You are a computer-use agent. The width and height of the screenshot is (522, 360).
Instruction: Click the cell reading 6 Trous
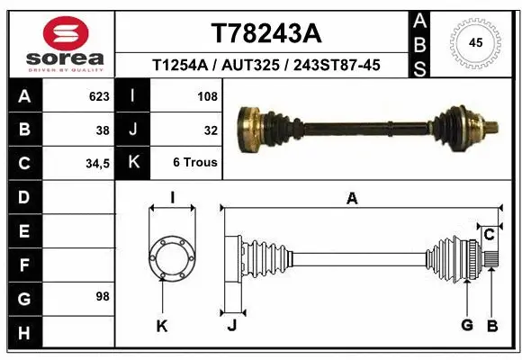[195, 164]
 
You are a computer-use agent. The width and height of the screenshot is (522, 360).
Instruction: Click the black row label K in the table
[133, 164]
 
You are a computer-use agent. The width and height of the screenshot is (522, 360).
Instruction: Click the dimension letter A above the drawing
[352, 199]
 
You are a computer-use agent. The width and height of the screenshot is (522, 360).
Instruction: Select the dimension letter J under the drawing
[231, 326]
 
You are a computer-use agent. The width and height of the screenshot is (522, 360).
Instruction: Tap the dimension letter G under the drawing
[467, 326]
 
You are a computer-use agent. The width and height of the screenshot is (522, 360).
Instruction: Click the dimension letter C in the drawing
[489, 235]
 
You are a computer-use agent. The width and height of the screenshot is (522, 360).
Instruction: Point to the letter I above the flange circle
[172, 199]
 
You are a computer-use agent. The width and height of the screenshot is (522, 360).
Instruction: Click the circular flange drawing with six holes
[172, 259]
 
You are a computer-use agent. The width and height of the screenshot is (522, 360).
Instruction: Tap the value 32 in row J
[210, 130]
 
